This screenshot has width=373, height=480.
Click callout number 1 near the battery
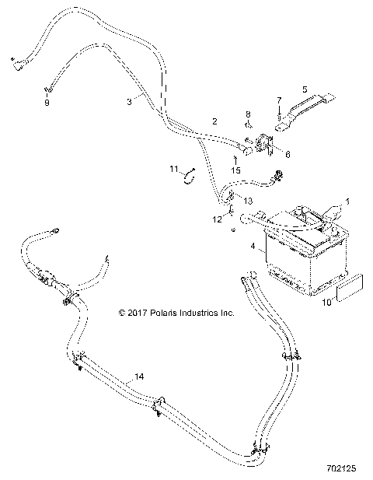pos(348,201)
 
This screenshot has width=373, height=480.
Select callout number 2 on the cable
pos(214,121)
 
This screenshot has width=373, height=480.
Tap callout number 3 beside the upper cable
pos(129,101)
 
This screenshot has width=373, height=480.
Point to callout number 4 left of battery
pos(253,246)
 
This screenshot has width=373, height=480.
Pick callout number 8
pos(248,114)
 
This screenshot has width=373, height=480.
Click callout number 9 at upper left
pos(46,103)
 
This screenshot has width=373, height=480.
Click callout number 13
pos(248,201)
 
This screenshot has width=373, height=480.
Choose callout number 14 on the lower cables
pos(139,377)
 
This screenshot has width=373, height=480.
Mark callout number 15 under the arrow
pos(235,170)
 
